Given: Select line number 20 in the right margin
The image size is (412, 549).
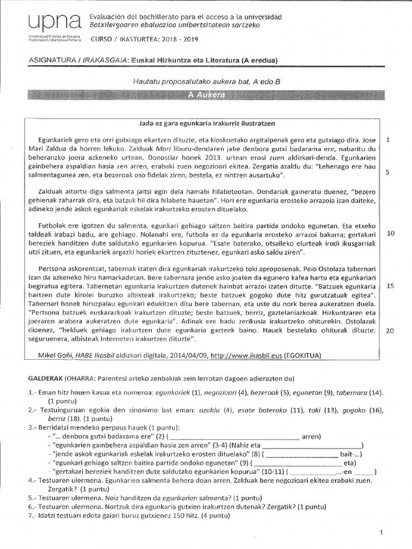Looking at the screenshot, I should click(x=390, y=331).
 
